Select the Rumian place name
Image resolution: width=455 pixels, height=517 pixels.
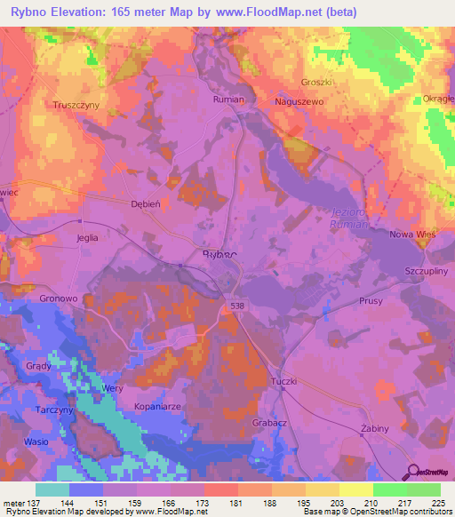click(x=228, y=100)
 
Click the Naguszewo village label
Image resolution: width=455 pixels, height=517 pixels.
click(x=302, y=103)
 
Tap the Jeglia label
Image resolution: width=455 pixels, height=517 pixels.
click(x=87, y=238)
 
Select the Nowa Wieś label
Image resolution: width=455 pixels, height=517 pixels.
click(x=414, y=235)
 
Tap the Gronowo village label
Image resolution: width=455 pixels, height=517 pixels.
click(x=60, y=299)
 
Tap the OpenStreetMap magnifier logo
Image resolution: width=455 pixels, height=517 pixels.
click(x=413, y=471)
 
